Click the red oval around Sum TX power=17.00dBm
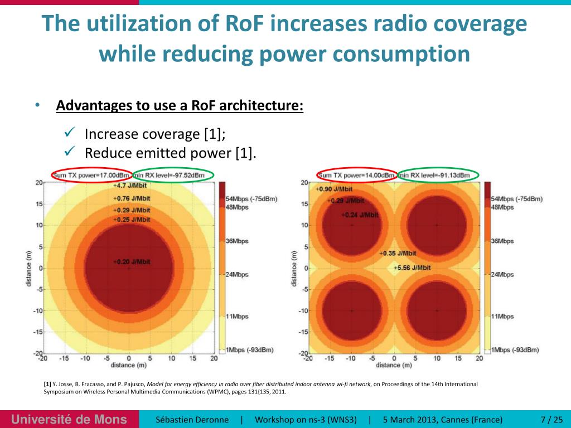coord(91,175)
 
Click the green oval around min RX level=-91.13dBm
coord(438,175)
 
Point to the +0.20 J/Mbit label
coord(132,261)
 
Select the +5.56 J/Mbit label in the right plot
coord(412,267)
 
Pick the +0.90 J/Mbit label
coord(334,189)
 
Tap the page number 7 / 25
coord(551,419)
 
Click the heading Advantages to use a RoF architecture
coord(180,105)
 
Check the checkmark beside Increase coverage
coord(70,133)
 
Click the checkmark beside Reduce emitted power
coord(70,152)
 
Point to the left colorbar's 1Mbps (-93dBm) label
coord(250,349)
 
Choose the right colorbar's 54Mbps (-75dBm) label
coord(515,199)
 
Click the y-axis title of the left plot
coord(29,268)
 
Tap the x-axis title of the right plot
coord(394,365)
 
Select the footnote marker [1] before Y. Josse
coord(47,385)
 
